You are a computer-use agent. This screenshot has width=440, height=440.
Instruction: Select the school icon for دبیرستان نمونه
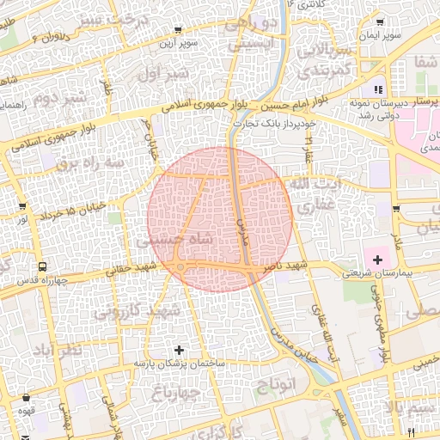click(x=378, y=89)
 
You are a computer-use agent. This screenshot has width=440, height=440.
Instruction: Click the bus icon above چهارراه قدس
click(x=43, y=266)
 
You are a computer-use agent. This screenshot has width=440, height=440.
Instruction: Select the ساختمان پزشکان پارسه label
click(x=179, y=364)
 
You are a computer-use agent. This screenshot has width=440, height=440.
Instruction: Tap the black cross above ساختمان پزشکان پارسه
click(x=179, y=350)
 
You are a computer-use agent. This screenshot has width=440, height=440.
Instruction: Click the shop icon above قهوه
click(x=27, y=398)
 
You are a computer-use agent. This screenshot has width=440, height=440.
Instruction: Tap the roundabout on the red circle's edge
click(x=182, y=269)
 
